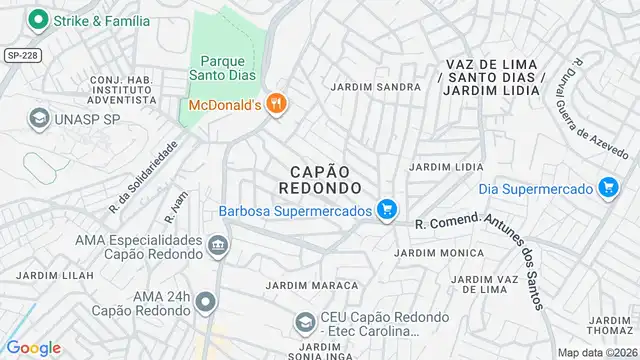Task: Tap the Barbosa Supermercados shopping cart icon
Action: [x=387, y=210]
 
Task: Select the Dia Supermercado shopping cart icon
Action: [x=607, y=187]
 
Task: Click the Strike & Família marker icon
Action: [x=39, y=20]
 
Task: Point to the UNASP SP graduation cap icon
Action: [x=39, y=118]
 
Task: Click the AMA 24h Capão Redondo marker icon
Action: [x=206, y=301]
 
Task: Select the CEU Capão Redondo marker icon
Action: [x=305, y=323]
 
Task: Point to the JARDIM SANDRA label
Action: [x=375, y=87]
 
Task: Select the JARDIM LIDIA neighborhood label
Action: [x=447, y=167]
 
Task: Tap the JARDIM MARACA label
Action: [x=312, y=286]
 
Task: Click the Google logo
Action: [x=34, y=347]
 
